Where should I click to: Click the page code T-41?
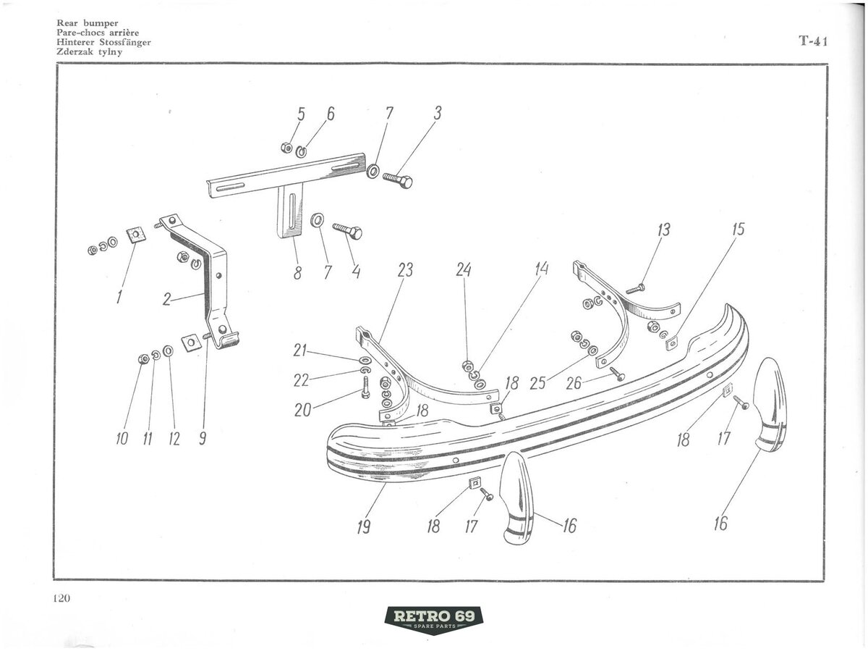pos(813,42)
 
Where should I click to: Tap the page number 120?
pos(61,598)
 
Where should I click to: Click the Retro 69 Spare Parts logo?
pos(433,618)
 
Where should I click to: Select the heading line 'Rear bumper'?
pos(87,23)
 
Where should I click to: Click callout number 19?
pos(363,526)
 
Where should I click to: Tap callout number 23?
pos(405,271)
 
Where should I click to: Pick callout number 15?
pos(738,230)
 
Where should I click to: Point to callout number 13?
pos(663,230)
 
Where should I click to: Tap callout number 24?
pos(464,269)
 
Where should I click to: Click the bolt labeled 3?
pos(397,180)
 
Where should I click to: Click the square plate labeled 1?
pos(135,235)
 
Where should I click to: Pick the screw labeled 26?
pos(617,374)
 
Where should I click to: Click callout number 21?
pos(299,351)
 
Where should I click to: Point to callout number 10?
pos(121,438)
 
